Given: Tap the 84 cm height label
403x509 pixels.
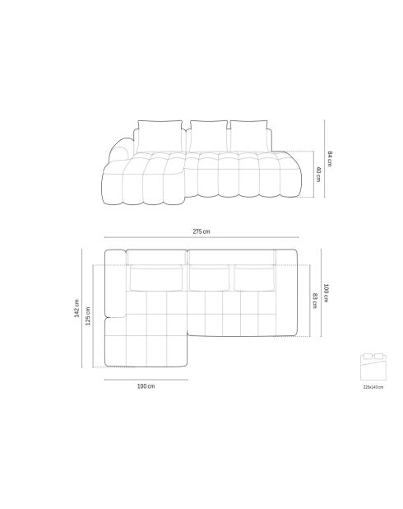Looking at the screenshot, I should [x=329, y=159].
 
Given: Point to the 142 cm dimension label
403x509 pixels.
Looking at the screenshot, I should [x=76, y=308].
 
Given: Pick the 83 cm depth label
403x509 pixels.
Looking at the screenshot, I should [x=315, y=300].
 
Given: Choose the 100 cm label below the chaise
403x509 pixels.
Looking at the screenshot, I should [x=146, y=385].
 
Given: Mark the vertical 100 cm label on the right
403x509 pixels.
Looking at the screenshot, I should [x=327, y=292].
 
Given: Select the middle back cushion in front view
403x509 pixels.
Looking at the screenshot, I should [x=208, y=133].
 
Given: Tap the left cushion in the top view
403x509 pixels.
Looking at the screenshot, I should [x=156, y=278].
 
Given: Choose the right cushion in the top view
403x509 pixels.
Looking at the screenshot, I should [x=254, y=278].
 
